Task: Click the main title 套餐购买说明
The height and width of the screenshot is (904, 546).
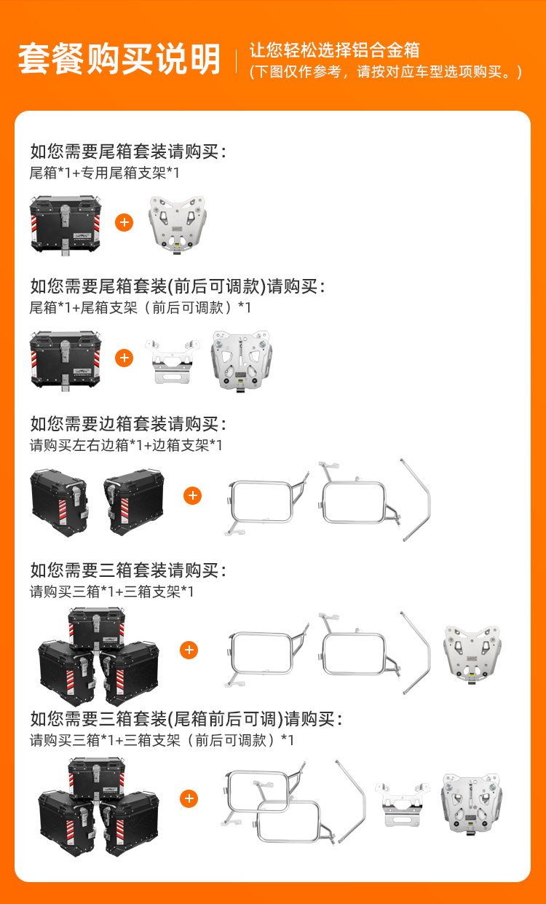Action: tap(119, 59)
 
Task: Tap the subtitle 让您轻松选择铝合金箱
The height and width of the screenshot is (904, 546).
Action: tap(335, 50)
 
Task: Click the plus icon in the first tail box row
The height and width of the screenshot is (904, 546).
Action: tap(124, 222)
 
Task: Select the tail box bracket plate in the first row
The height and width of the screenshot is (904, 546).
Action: tap(178, 224)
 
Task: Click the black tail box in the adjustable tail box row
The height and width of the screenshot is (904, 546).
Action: tap(66, 361)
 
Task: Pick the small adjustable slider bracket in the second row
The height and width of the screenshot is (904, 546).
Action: tap(173, 361)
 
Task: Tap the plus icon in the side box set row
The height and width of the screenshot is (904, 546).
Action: tap(192, 495)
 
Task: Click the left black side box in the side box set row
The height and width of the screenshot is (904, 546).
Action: tap(60, 502)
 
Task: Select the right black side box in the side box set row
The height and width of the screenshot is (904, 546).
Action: tap(134, 502)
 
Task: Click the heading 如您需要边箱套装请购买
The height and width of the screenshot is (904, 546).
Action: tap(128, 424)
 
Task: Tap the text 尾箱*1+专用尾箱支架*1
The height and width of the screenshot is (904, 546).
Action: tap(104, 173)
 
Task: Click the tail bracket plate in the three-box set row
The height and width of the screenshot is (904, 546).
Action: tap(472, 655)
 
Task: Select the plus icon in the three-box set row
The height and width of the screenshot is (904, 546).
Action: tap(189, 651)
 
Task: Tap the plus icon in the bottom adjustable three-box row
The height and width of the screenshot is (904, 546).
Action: tap(189, 798)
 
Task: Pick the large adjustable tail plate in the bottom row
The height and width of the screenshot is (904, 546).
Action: tap(472, 803)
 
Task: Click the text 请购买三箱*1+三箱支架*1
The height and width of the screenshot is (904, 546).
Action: tap(111, 591)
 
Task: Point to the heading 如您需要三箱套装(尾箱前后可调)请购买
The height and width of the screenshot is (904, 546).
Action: tap(186, 719)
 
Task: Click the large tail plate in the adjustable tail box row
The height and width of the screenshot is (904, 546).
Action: tap(241, 361)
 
